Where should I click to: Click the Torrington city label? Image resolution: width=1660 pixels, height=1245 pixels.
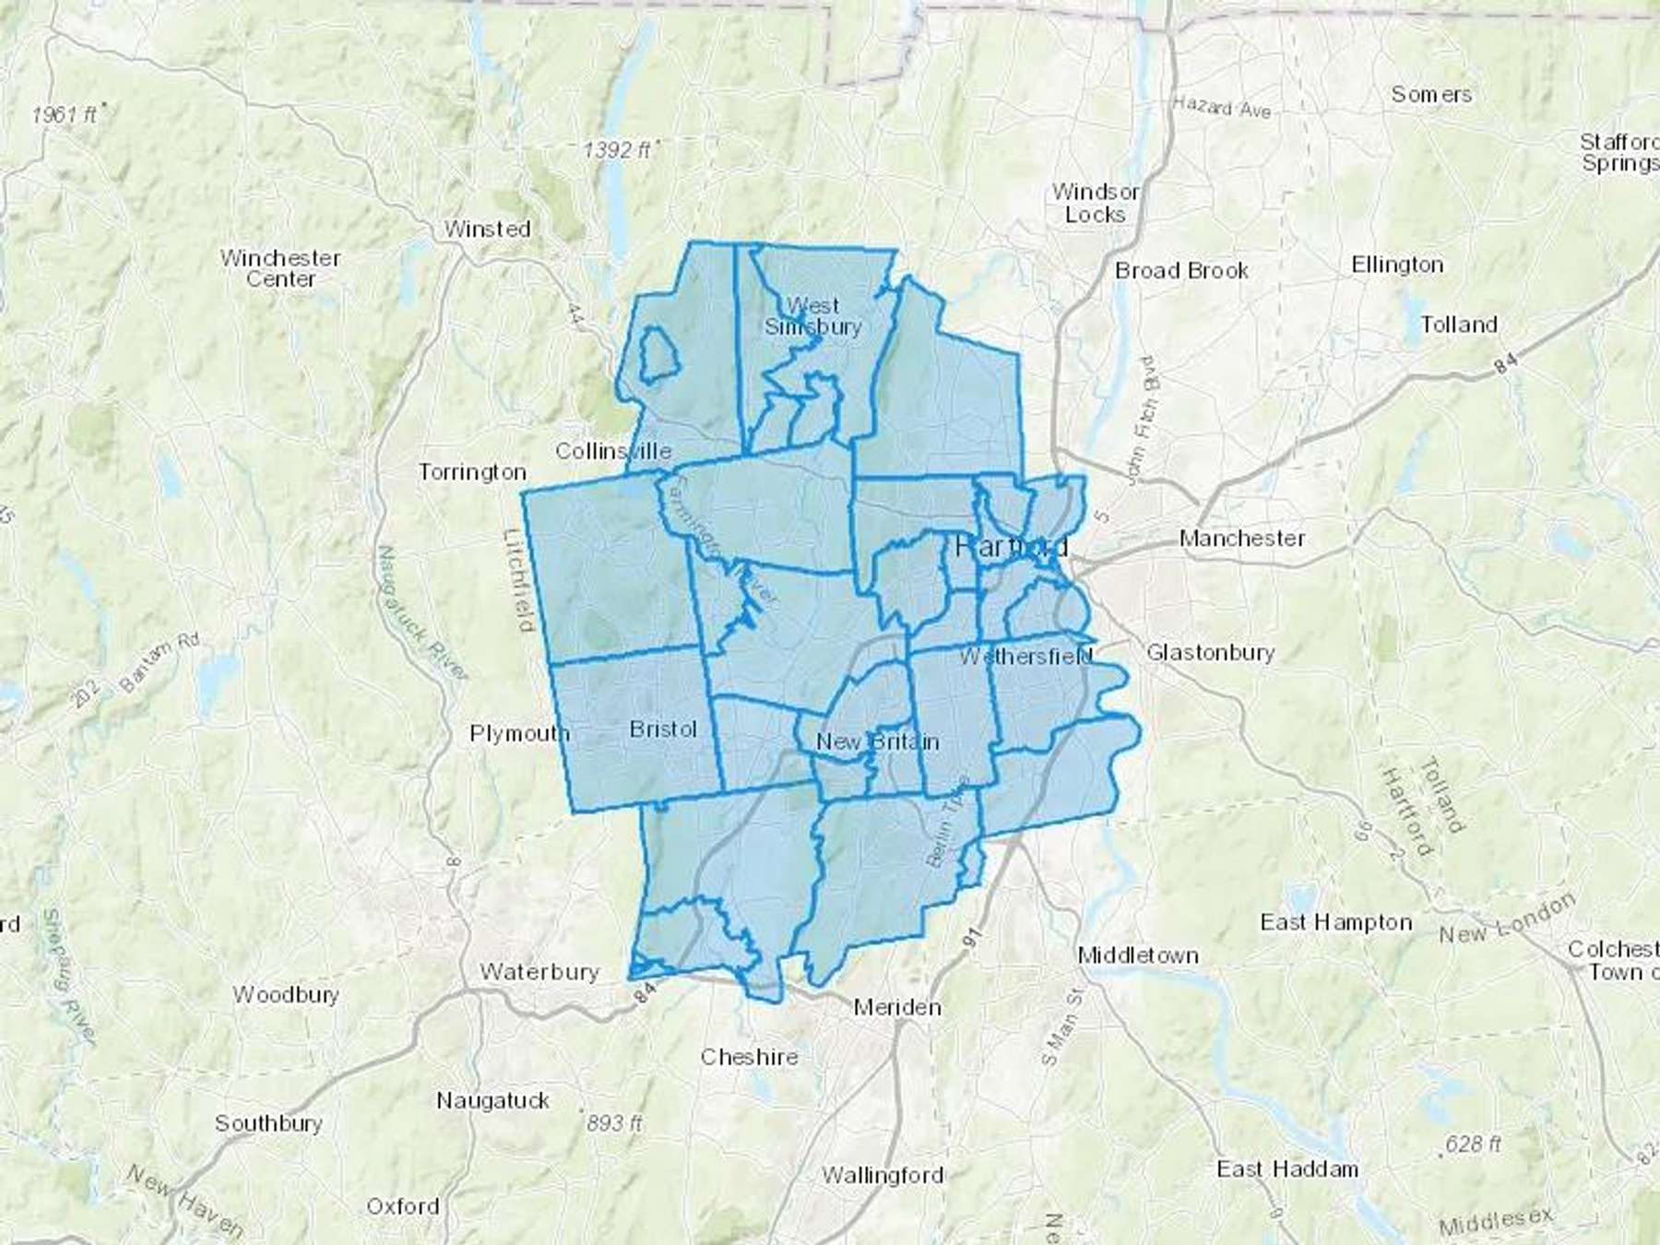pos(472,472)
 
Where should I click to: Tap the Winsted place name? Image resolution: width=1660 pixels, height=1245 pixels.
pos(487,229)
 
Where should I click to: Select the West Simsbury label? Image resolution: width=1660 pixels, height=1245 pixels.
pos(812,315)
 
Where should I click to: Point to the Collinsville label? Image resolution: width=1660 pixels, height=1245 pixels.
pos(613,451)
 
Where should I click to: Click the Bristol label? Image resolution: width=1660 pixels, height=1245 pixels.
pos(663,729)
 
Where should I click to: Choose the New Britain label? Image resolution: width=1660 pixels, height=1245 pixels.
pos(877,741)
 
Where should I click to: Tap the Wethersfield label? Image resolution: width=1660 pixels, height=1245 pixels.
pos(1026,657)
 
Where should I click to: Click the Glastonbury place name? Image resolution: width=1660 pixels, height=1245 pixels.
pos(1210,653)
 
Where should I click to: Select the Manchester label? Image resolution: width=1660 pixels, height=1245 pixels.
pos(1241,538)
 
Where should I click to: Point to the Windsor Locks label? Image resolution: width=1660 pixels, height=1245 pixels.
pos(1096,203)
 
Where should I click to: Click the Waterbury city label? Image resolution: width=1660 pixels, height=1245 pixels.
pos(539,972)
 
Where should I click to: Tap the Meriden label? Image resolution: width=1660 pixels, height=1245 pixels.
pos(896,1007)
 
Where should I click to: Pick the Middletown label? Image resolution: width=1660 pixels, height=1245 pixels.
pos(1138,955)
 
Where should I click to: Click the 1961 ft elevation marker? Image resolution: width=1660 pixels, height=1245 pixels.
pos(65,114)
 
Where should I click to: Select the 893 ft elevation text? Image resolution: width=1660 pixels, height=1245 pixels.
pos(614,1123)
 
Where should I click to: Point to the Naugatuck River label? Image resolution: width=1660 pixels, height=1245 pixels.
pos(421,613)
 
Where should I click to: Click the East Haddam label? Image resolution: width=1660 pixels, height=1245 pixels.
pos(1286,1169)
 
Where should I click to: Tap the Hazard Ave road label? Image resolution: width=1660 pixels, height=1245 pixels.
pos(1221,108)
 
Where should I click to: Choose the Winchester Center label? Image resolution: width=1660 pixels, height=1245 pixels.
pos(280,268)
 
